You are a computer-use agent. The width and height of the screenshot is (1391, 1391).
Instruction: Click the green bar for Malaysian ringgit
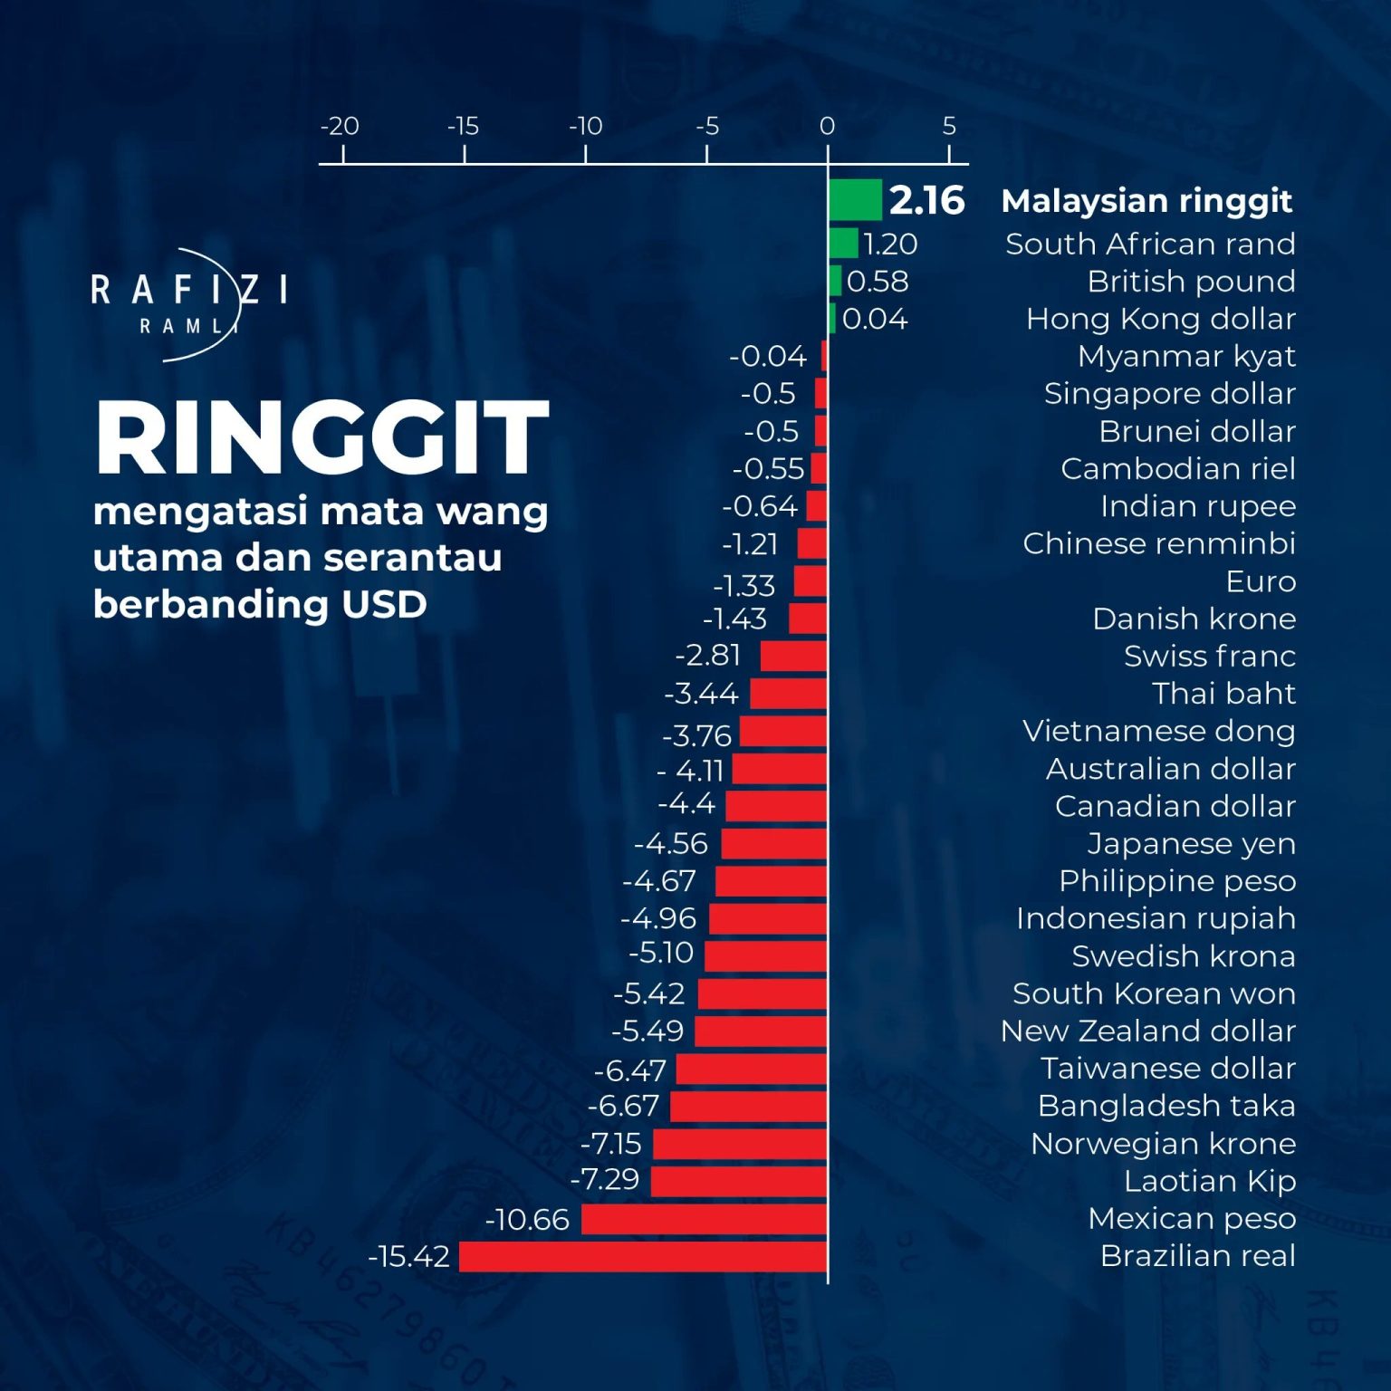tap(855, 199)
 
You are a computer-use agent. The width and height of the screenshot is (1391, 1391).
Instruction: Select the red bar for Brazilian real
tap(643, 1256)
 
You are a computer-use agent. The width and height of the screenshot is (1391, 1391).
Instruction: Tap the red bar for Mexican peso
tap(705, 1219)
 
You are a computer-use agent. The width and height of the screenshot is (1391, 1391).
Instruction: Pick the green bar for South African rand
tap(843, 243)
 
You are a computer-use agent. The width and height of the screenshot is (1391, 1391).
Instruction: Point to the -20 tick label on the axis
tap(340, 126)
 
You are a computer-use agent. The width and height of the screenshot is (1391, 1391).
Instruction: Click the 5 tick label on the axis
tap(949, 126)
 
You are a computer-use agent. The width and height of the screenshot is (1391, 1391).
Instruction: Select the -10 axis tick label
tap(585, 126)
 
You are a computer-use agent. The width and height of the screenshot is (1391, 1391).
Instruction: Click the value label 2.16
tap(927, 200)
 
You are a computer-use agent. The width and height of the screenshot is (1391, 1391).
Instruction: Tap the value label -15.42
tap(408, 1256)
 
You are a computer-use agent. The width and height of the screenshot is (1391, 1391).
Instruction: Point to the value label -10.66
tap(527, 1219)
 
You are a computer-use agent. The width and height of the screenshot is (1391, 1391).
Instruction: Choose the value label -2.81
tap(708, 655)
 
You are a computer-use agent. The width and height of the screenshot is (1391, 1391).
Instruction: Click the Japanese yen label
tap(1192, 844)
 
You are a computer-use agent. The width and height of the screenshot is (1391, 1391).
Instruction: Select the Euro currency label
tap(1261, 580)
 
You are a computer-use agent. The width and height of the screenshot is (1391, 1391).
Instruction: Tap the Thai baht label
tap(1224, 693)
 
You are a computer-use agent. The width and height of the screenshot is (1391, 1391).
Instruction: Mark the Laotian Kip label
tap(1210, 1181)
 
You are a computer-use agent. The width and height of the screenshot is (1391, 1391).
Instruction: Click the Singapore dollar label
tap(1170, 394)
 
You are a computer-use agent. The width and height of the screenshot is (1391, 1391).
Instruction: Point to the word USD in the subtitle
tap(384, 604)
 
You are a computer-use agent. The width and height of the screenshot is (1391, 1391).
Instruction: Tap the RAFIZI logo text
tap(189, 291)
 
